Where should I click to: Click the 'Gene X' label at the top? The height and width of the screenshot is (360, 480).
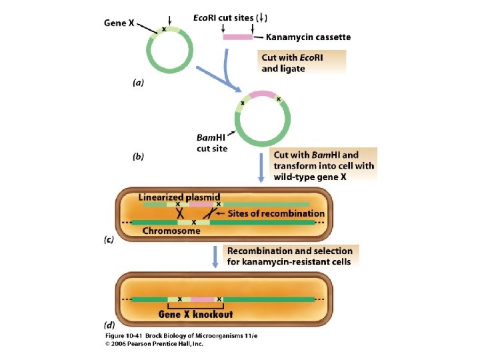pyautogui.click(x=119, y=23)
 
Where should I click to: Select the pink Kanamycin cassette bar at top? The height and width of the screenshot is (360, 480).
pyautogui.click(x=238, y=37)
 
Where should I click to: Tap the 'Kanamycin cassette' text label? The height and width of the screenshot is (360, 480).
pyautogui.click(x=308, y=37)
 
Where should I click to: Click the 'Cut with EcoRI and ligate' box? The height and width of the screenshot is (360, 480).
pyautogui.click(x=302, y=63)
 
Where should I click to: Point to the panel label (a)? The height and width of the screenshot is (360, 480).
pyautogui.click(x=139, y=83)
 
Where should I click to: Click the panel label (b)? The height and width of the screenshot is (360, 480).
pyautogui.click(x=139, y=157)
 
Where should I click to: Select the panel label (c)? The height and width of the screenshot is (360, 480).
pyautogui.click(x=109, y=239)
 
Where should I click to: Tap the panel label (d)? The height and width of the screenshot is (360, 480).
pyautogui.click(x=109, y=325)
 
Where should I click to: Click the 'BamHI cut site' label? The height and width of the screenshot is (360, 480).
pyautogui.click(x=212, y=143)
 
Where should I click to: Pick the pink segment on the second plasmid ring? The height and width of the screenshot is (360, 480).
pyautogui.click(x=262, y=94)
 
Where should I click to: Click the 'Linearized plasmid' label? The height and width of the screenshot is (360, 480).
pyautogui.click(x=179, y=197)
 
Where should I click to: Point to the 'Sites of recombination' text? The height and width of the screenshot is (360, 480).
pyautogui.click(x=276, y=213)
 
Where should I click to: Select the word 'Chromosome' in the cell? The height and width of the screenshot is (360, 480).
pyautogui.click(x=171, y=231)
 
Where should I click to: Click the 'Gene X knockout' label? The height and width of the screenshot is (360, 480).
pyautogui.click(x=195, y=315)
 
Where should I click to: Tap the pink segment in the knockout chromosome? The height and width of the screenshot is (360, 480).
pyautogui.click(x=203, y=299)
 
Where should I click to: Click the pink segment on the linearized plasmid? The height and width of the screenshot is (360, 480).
pyautogui.click(x=201, y=204)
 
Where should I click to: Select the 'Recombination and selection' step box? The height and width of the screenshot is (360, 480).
pyautogui.click(x=291, y=256)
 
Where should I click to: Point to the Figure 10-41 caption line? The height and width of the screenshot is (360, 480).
pyautogui.click(x=181, y=336)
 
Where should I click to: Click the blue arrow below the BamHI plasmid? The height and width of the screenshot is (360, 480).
pyautogui.click(x=261, y=168)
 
